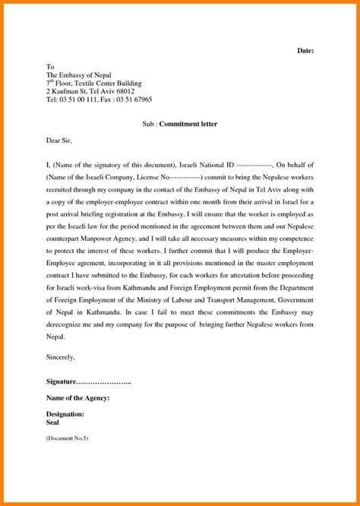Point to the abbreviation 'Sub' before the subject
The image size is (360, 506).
pyautogui.click(x=149, y=123)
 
